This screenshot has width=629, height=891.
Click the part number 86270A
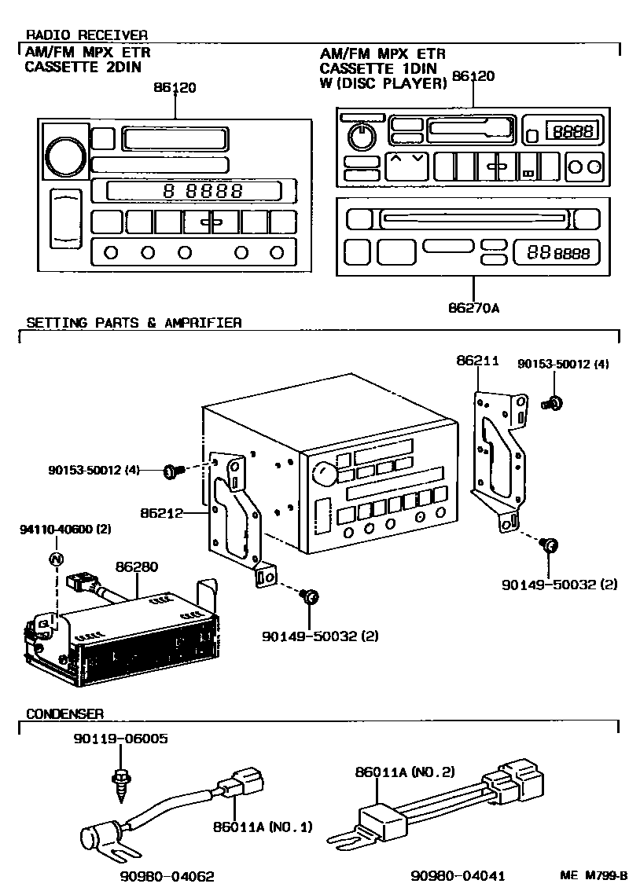click(x=474, y=308)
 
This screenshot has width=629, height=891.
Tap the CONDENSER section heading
click(x=64, y=713)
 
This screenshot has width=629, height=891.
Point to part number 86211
click(x=477, y=361)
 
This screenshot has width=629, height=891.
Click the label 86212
click(x=161, y=513)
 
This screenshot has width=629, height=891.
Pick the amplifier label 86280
click(x=137, y=566)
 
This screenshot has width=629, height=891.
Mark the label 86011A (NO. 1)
click(x=262, y=827)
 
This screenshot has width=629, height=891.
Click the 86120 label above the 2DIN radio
click(x=175, y=87)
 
